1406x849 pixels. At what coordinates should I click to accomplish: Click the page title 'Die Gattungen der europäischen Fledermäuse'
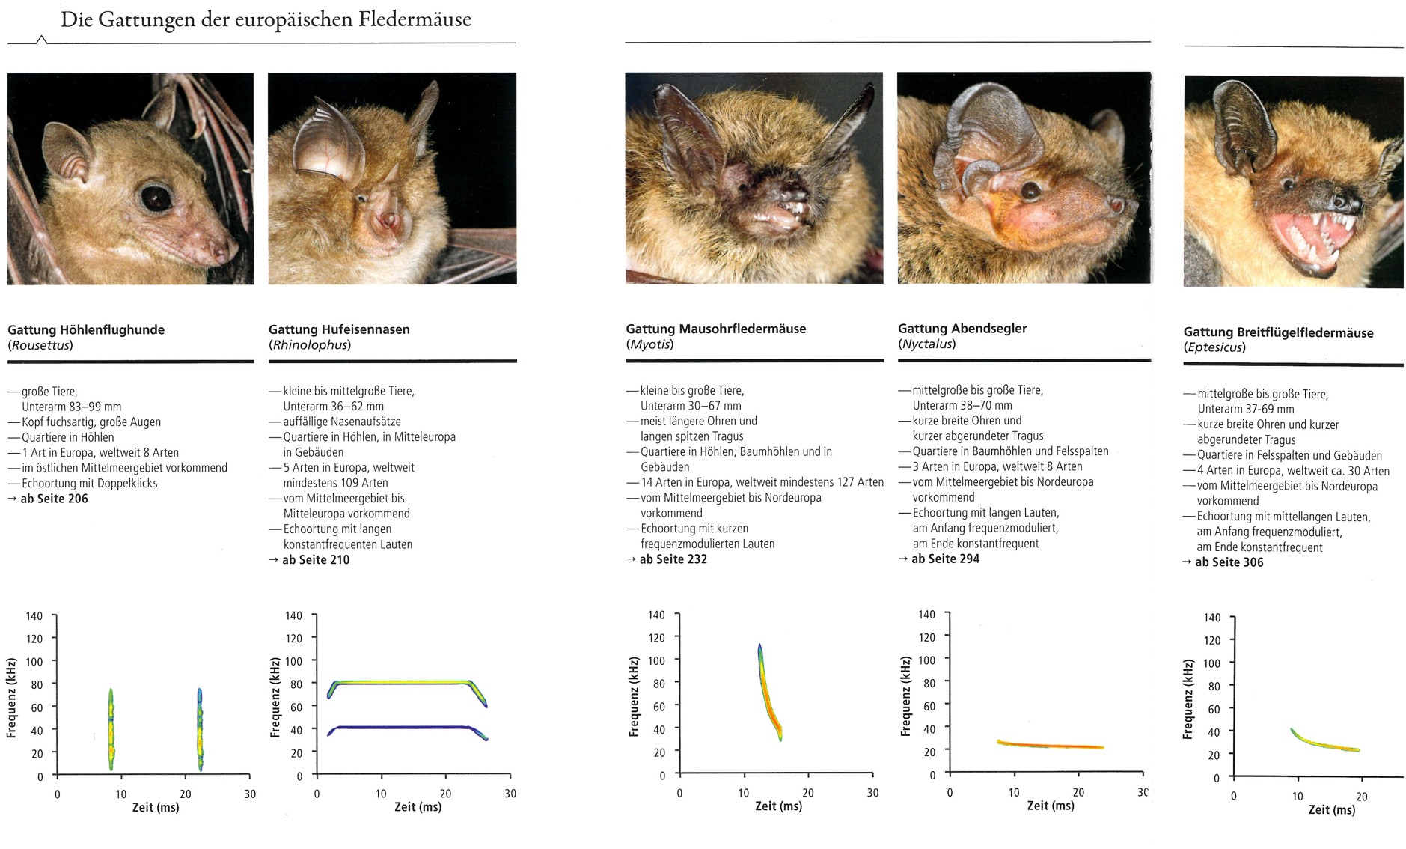(266, 19)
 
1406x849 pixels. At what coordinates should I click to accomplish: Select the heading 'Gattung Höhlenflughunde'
(86, 329)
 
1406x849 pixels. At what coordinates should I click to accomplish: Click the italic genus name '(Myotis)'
(649, 344)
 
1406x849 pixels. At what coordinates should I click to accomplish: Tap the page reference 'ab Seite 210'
(315, 559)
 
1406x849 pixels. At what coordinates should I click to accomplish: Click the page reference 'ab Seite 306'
(1229, 562)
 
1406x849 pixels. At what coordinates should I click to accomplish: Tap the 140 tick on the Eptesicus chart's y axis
(1211, 618)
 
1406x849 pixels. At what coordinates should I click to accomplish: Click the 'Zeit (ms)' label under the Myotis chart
(778, 806)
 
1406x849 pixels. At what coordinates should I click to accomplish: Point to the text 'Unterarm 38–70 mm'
(962, 405)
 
